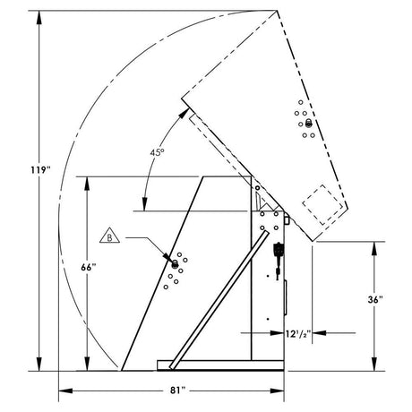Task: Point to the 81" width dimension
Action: point(176,391)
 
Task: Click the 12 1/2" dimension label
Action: point(296,333)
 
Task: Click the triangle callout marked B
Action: point(108,237)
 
